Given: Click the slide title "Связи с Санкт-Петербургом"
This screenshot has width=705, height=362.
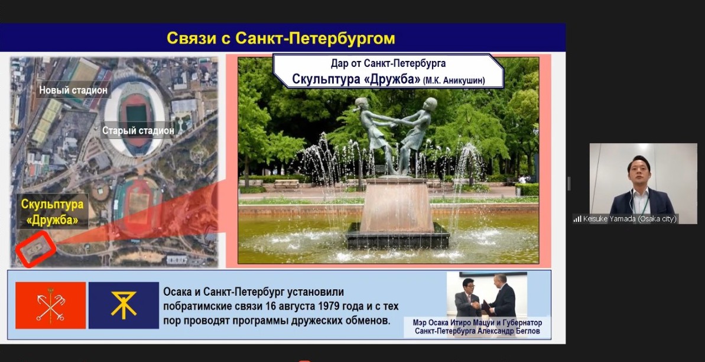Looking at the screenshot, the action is (281, 38).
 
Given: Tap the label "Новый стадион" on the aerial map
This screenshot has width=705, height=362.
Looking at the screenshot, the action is (73, 90).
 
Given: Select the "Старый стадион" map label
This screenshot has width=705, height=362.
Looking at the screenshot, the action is (138, 131).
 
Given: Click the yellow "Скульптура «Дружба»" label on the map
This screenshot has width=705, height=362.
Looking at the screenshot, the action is (52, 212).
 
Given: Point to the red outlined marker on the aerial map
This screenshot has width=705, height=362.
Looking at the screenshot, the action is (35, 248).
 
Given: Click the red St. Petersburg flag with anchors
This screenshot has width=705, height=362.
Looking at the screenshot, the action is (50, 305).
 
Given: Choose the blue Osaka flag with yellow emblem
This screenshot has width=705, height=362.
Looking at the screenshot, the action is (124, 305).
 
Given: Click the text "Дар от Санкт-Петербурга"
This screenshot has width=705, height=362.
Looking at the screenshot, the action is (388, 63).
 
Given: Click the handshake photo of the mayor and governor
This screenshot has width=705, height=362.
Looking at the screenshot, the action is (486, 295).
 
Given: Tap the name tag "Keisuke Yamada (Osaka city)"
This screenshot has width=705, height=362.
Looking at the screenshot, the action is (629, 219).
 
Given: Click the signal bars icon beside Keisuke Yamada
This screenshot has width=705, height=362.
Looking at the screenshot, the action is (577, 219).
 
